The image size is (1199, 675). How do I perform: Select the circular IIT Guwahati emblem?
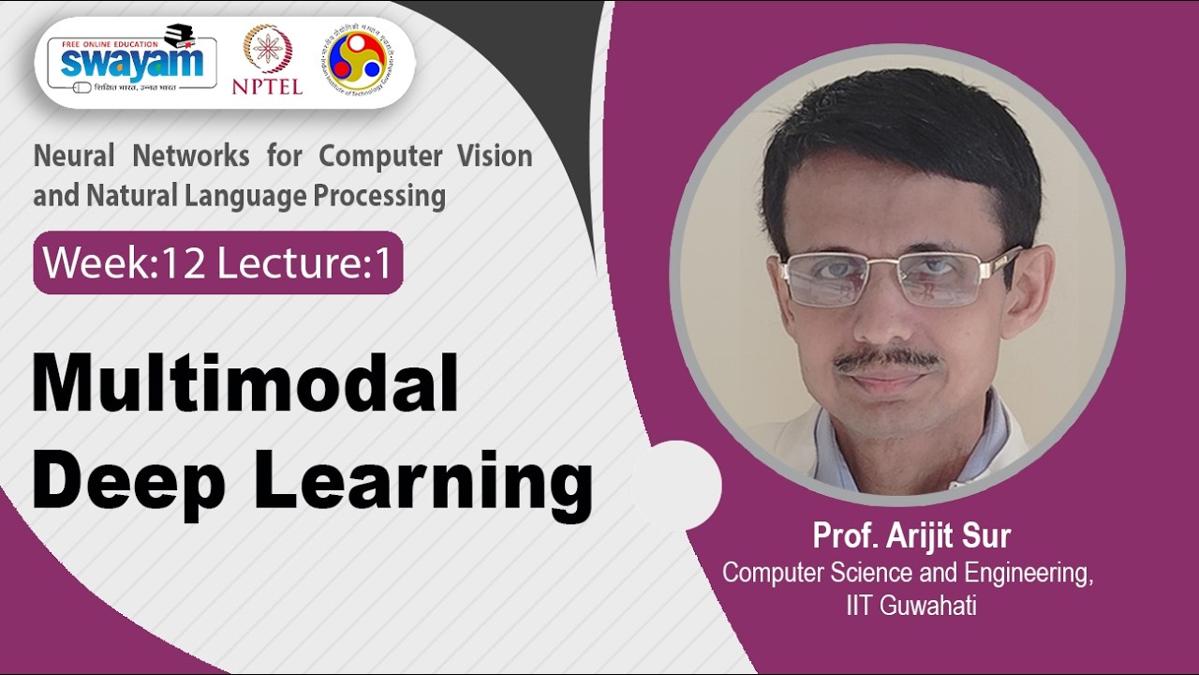(362, 60)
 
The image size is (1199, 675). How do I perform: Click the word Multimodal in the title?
(245, 383)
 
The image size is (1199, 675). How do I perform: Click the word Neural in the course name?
(75, 156)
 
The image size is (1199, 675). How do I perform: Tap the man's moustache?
(886, 359)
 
